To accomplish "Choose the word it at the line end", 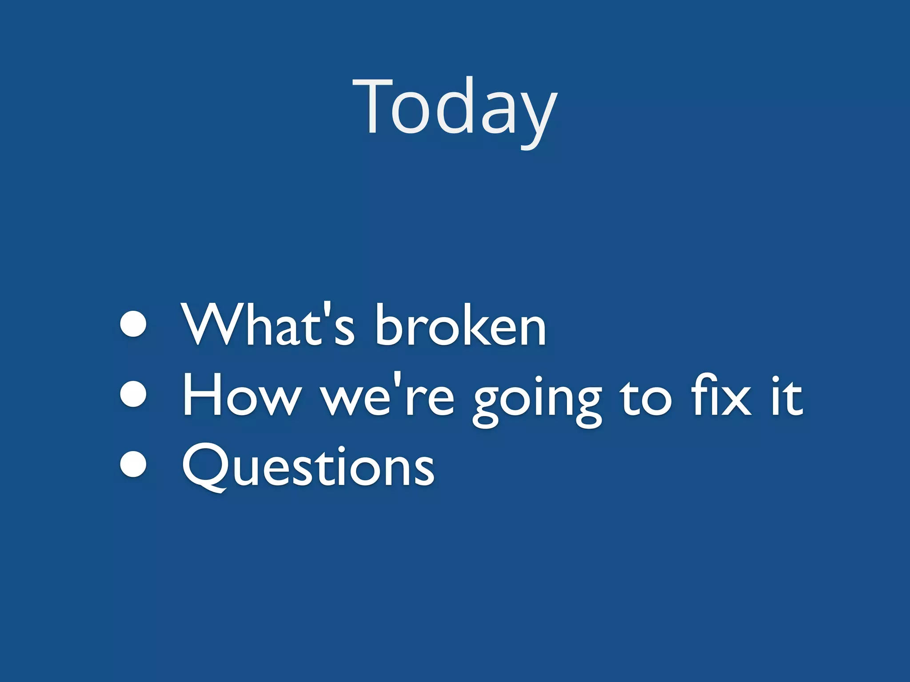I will (786, 395).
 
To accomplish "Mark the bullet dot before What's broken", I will (133, 324).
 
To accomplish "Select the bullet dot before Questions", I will (133, 464).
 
